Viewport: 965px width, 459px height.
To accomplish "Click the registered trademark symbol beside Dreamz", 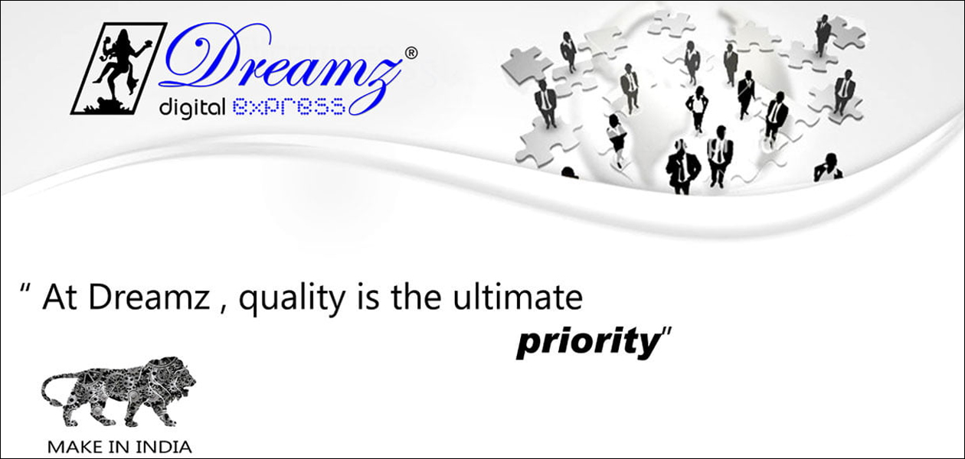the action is click(x=411, y=53).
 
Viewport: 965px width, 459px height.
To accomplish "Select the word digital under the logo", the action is click(x=192, y=108).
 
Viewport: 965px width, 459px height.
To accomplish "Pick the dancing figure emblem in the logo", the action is click(x=119, y=69).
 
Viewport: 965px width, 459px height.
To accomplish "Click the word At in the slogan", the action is click(x=60, y=298).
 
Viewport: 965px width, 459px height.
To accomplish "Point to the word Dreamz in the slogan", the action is click(x=149, y=297).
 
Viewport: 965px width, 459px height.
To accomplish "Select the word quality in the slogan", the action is click(x=292, y=300).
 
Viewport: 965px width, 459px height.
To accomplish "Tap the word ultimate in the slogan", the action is click(x=518, y=297).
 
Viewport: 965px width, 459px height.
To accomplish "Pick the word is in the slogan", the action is click(x=368, y=297).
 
